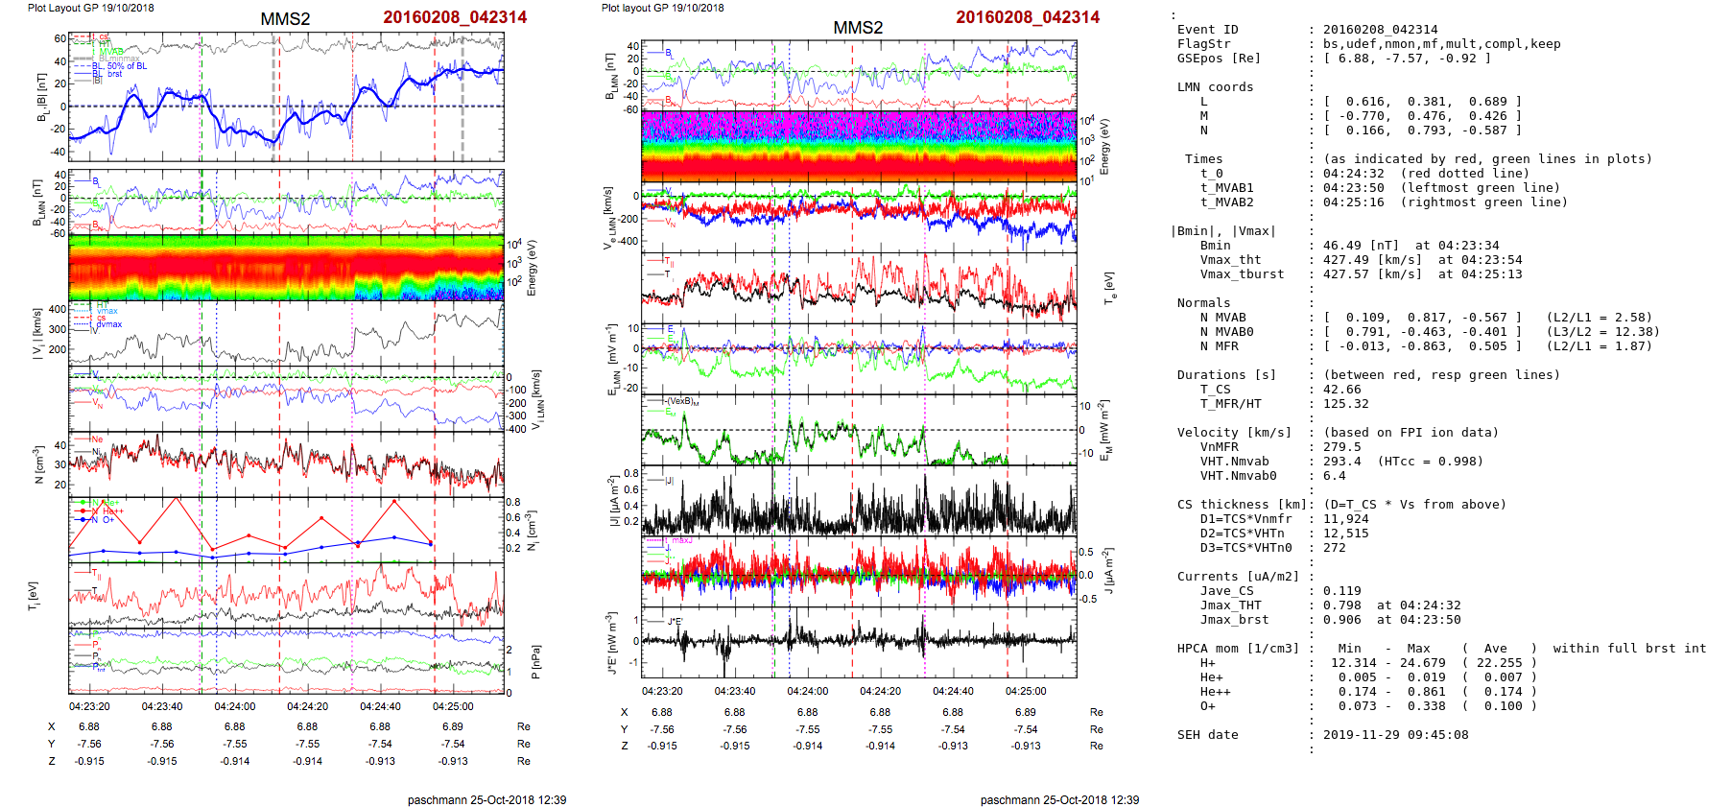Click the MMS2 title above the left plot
[285, 19]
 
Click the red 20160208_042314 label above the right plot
[1028, 17]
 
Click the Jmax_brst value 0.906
[1341, 620]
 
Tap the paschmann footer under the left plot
[486, 799]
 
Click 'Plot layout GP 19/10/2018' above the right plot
[662, 8]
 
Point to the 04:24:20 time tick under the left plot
[307, 706]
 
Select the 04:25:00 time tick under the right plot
[1026, 691]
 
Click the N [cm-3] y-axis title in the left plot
[39, 464]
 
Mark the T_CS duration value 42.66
[1341, 390]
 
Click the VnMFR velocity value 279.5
[1341, 447]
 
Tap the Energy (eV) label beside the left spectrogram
[533, 267]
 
